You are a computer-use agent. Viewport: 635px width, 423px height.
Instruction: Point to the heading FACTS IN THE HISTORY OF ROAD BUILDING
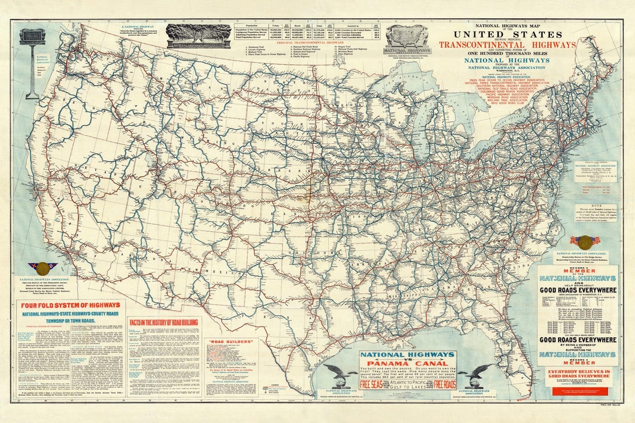tap(165, 322)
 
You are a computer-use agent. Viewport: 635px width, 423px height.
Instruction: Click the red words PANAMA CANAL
tap(407, 362)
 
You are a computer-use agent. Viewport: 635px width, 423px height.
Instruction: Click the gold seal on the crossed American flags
tap(584, 241)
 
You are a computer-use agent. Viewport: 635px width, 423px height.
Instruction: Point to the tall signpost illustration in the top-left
tap(32, 62)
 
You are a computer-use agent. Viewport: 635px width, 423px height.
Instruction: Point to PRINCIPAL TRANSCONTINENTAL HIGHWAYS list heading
tap(310, 42)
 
